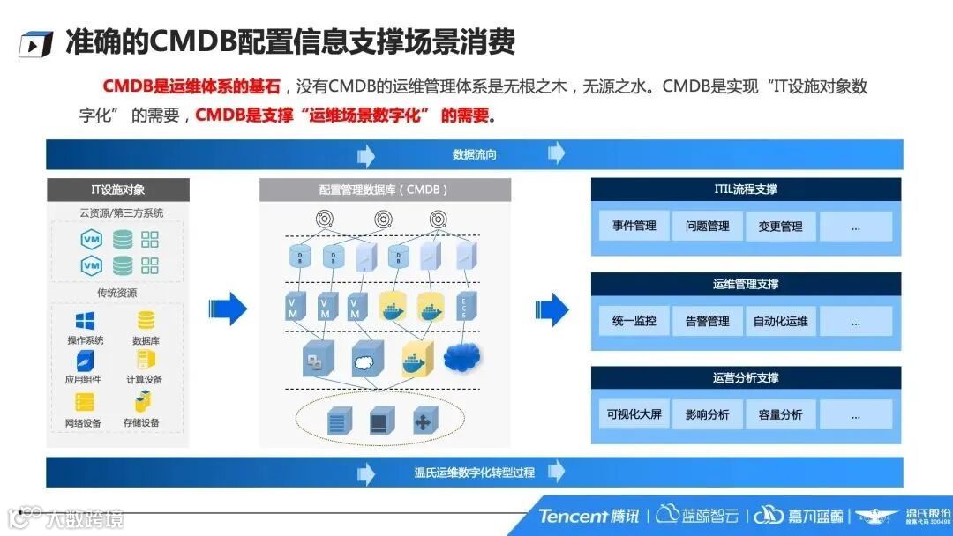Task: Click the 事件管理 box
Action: [634, 227]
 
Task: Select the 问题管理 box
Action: [708, 227]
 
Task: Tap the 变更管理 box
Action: [780, 227]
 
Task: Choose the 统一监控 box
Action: [634, 321]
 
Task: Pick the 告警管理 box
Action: [708, 321]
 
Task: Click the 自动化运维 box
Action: [780, 321]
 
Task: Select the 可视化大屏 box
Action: [634, 414]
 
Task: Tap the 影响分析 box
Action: [708, 414]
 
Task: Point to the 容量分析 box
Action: [780, 414]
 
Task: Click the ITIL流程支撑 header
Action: [746, 190]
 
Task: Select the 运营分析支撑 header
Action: [746, 378]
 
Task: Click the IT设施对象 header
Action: [118, 190]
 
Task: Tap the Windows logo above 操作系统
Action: [86, 321]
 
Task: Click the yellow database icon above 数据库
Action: [146, 321]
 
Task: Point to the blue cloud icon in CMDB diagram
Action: [463, 357]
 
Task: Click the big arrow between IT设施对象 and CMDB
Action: [229, 308]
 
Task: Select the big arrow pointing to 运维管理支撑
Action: [552, 309]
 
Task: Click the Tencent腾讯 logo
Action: [589, 516]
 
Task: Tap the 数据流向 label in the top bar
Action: [475, 154]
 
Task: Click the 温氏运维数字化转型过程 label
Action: [475, 473]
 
